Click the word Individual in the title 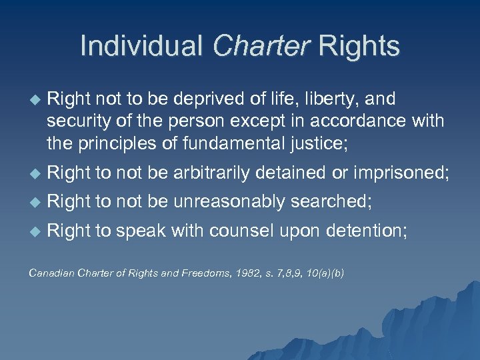141,46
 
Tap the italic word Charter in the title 261,46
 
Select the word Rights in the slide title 359,46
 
